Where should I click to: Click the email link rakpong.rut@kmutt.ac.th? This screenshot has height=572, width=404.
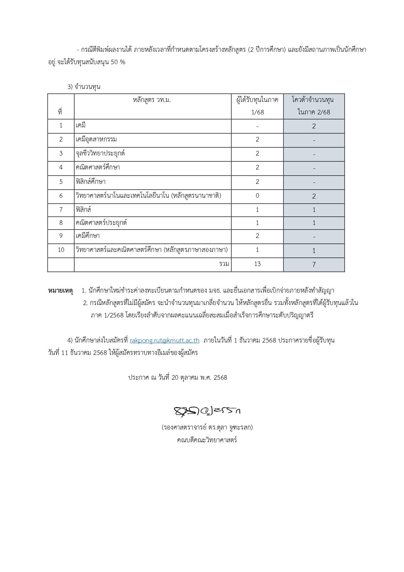pyautogui.click(x=165, y=341)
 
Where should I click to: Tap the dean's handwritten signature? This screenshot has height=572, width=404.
pyautogui.click(x=207, y=411)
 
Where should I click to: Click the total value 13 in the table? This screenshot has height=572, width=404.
pyautogui.click(x=257, y=264)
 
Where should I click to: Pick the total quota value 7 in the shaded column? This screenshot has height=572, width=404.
pyautogui.click(x=314, y=265)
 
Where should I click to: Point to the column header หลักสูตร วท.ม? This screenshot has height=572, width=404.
pyautogui.click(x=152, y=100)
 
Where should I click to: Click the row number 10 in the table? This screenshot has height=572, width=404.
pyautogui.click(x=61, y=250)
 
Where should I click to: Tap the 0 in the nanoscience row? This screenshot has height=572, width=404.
pyautogui.click(x=257, y=196)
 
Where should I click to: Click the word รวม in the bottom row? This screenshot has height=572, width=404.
pyautogui.click(x=224, y=264)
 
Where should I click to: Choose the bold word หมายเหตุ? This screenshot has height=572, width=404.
pyautogui.click(x=61, y=290)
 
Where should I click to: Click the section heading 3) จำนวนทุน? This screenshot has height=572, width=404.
pyautogui.click(x=84, y=87)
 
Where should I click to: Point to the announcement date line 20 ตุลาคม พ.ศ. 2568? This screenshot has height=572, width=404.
pyautogui.click(x=178, y=378)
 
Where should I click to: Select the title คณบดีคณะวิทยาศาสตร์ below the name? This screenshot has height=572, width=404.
pyautogui.click(x=207, y=440)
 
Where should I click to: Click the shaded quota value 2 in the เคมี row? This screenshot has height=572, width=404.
pyautogui.click(x=314, y=126)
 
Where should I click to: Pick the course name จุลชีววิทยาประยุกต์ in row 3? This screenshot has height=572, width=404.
pyautogui.click(x=100, y=154)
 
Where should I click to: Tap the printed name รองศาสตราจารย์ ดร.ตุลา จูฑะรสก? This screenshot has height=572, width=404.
pyautogui.click(x=207, y=427)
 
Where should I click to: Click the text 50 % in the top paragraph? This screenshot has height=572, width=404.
pyautogui.click(x=118, y=62)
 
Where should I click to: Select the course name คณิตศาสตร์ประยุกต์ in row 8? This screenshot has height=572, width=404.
pyautogui.click(x=101, y=223)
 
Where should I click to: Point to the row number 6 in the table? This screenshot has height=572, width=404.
pyautogui.click(x=61, y=196)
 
